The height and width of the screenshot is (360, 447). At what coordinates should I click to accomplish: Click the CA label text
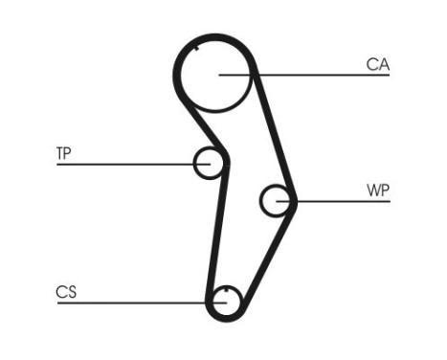[x=378, y=64]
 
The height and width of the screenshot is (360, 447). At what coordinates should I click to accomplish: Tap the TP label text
[x=64, y=153]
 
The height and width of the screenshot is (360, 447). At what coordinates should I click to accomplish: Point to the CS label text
[x=65, y=292]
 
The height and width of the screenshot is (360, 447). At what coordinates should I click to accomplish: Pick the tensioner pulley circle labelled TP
[x=208, y=164]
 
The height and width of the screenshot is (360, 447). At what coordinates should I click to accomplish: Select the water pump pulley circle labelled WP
[x=276, y=200]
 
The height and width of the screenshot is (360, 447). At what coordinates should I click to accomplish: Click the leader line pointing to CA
[x=316, y=75]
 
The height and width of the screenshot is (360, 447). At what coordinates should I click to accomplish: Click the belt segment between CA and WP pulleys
[x=273, y=134]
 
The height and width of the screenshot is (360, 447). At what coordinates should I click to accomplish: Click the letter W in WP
[x=372, y=190]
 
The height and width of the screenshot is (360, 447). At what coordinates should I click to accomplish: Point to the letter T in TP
[x=59, y=153]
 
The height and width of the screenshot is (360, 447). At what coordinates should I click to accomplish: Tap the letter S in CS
[x=71, y=292]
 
